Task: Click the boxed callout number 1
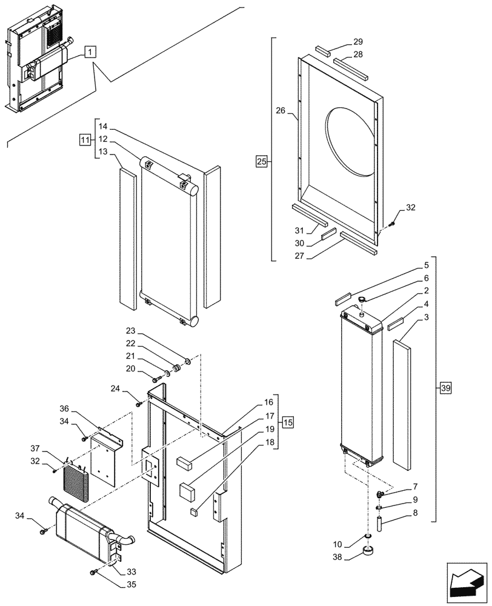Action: (x=89, y=52)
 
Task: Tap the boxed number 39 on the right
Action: (x=445, y=387)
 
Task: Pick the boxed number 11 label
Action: (x=84, y=140)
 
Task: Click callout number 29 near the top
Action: (x=358, y=42)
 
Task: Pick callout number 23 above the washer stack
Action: (x=131, y=331)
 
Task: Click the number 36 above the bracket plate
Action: (x=65, y=408)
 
